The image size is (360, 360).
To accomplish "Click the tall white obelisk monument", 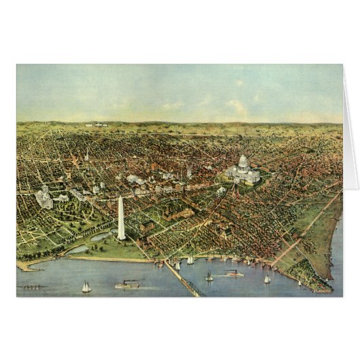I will pos(121,219).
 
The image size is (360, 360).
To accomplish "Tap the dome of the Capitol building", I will pos(243,163).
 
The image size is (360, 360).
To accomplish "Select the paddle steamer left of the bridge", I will pos(127,285).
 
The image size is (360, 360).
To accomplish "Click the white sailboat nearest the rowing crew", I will pos(86,287).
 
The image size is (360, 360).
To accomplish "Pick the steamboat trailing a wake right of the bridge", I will pos(234,273).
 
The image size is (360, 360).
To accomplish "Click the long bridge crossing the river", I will pos(182,278).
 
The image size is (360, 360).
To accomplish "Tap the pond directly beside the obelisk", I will pos(102,236).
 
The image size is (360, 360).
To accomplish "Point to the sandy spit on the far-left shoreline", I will pos(27,266).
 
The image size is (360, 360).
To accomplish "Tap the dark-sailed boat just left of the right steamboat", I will pos(209,276).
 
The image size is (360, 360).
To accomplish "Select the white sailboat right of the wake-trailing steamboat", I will pos(267,278).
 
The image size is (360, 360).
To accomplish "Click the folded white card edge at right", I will pos(350,136).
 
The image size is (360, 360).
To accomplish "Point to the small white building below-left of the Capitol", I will pos(221,190).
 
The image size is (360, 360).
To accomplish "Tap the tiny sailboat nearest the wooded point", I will pos(299,283).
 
